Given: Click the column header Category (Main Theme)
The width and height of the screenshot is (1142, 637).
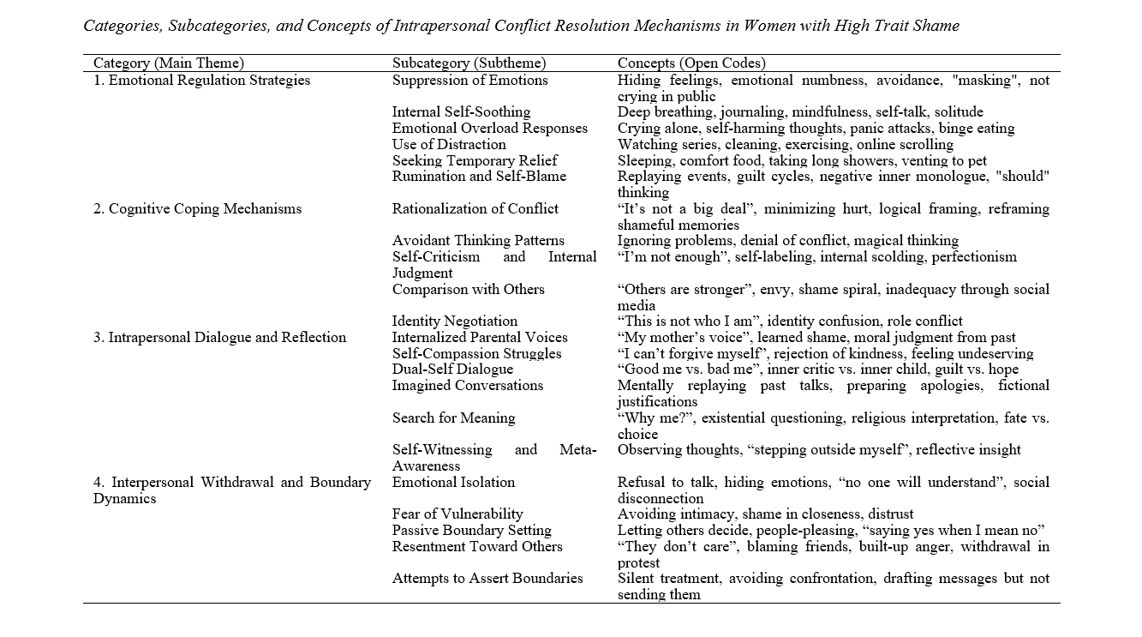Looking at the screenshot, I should coord(169,63).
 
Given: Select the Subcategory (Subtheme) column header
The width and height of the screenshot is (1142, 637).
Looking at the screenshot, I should coord(469,63).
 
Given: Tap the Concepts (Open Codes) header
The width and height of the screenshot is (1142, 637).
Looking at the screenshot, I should coord(691,63).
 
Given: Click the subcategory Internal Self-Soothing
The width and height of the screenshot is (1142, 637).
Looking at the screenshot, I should coord(461,111).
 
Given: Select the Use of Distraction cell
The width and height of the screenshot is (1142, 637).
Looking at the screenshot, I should coord(449,144).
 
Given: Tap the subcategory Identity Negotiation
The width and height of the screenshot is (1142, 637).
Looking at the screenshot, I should coord(455,322).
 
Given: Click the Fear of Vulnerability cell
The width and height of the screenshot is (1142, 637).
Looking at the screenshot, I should coord(457,514).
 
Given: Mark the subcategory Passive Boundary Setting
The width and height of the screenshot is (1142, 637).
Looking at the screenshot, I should coord(472,531).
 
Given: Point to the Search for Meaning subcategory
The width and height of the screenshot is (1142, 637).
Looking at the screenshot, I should coord(453,418).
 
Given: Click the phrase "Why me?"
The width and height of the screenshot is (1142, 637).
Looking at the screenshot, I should coord(643,418).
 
